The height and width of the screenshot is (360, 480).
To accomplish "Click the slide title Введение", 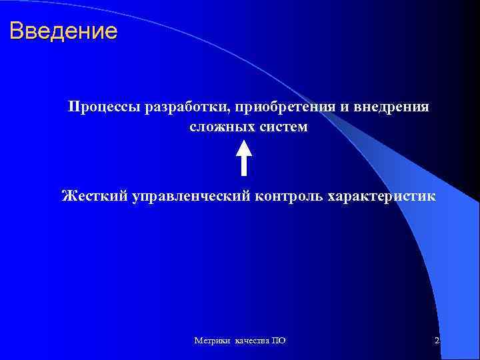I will click(64, 31).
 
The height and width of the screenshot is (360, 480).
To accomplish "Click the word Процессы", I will click(102, 107).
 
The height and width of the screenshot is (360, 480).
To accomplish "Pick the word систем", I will click(281, 127).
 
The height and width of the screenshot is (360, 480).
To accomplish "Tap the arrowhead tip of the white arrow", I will click(244, 140).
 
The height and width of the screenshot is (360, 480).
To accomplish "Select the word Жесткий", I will click(93, 196).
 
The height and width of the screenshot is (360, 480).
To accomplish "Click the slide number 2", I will click(437, 341).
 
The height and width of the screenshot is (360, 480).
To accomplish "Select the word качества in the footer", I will click(252, 341).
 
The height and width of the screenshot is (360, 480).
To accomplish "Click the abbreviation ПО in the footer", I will click(280, 341).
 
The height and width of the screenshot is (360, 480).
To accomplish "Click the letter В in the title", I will click(18, 31).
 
